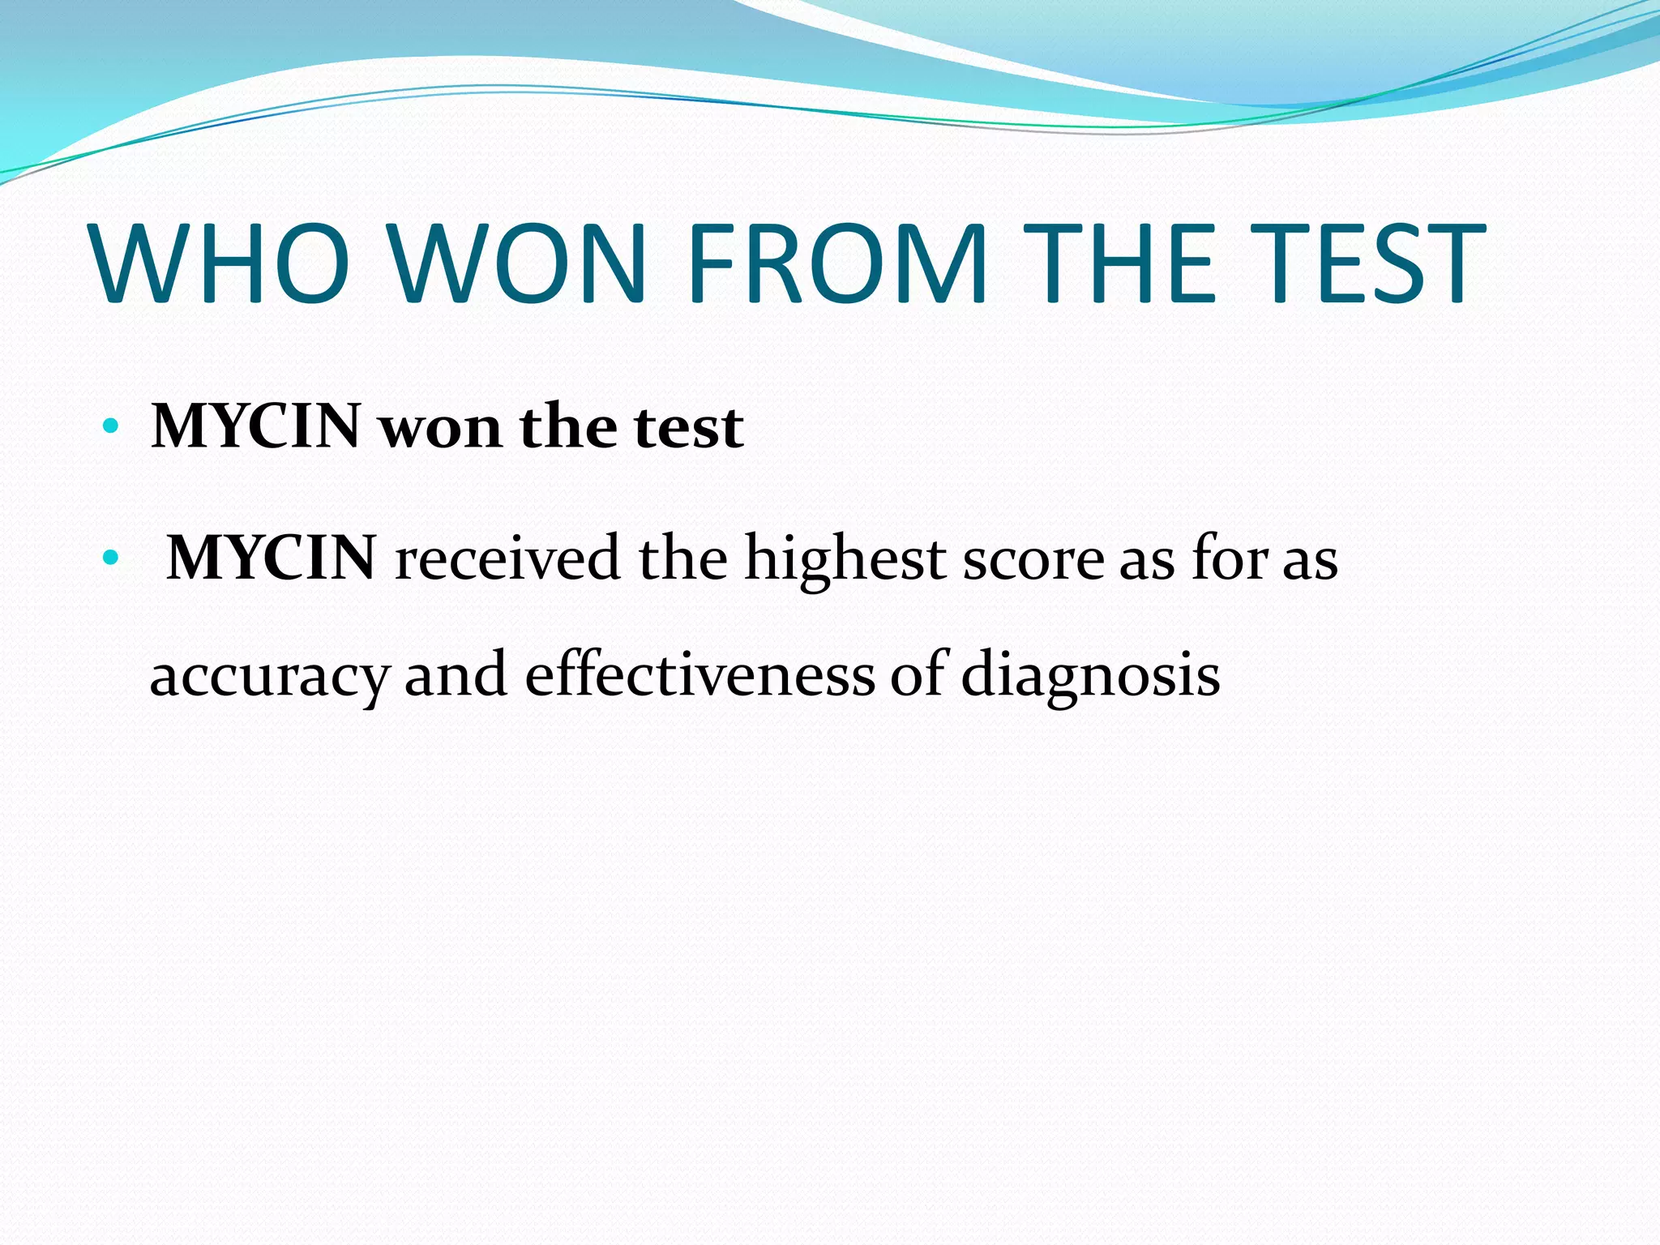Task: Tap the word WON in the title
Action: click(519, 263)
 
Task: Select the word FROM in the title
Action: click(839, 263)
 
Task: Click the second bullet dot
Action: click(111, 558)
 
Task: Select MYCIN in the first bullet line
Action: click(255, 426)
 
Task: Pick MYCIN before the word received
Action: click(271, 558)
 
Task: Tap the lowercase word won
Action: click(440, 428)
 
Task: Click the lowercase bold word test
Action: click(689, 428)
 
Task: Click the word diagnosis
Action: click(1090, 675)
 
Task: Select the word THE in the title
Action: click(1120, 263)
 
